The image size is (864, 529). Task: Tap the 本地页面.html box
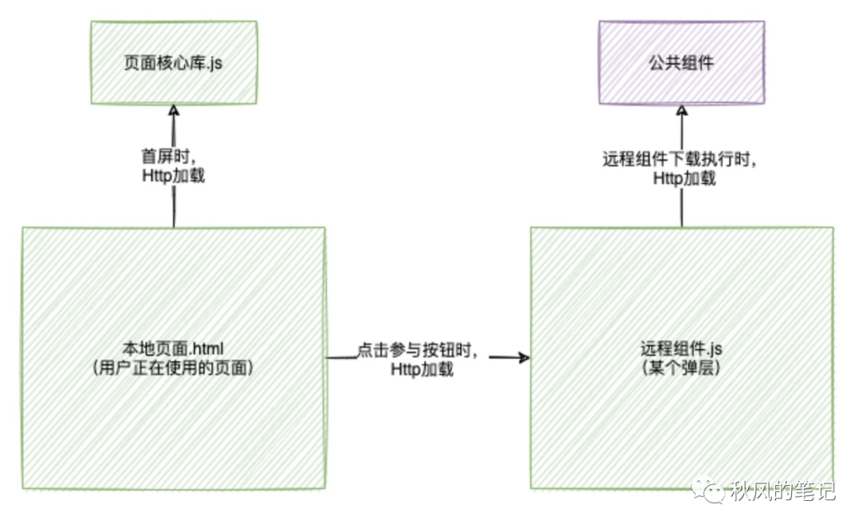(x=174, y=424)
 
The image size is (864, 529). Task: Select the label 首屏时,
(x=170, y=158)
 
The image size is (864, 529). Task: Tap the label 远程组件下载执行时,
(x=681, y=159)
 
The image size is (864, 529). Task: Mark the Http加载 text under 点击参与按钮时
(x=422, y=371)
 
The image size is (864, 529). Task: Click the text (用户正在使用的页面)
(x=174, y=368)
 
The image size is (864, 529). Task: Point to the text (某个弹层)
(x=682, y=368)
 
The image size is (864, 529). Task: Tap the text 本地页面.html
(x=174, y=350)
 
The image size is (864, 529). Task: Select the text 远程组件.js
(x=682, y=350)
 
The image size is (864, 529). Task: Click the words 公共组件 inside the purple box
(x=681, y=62)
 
